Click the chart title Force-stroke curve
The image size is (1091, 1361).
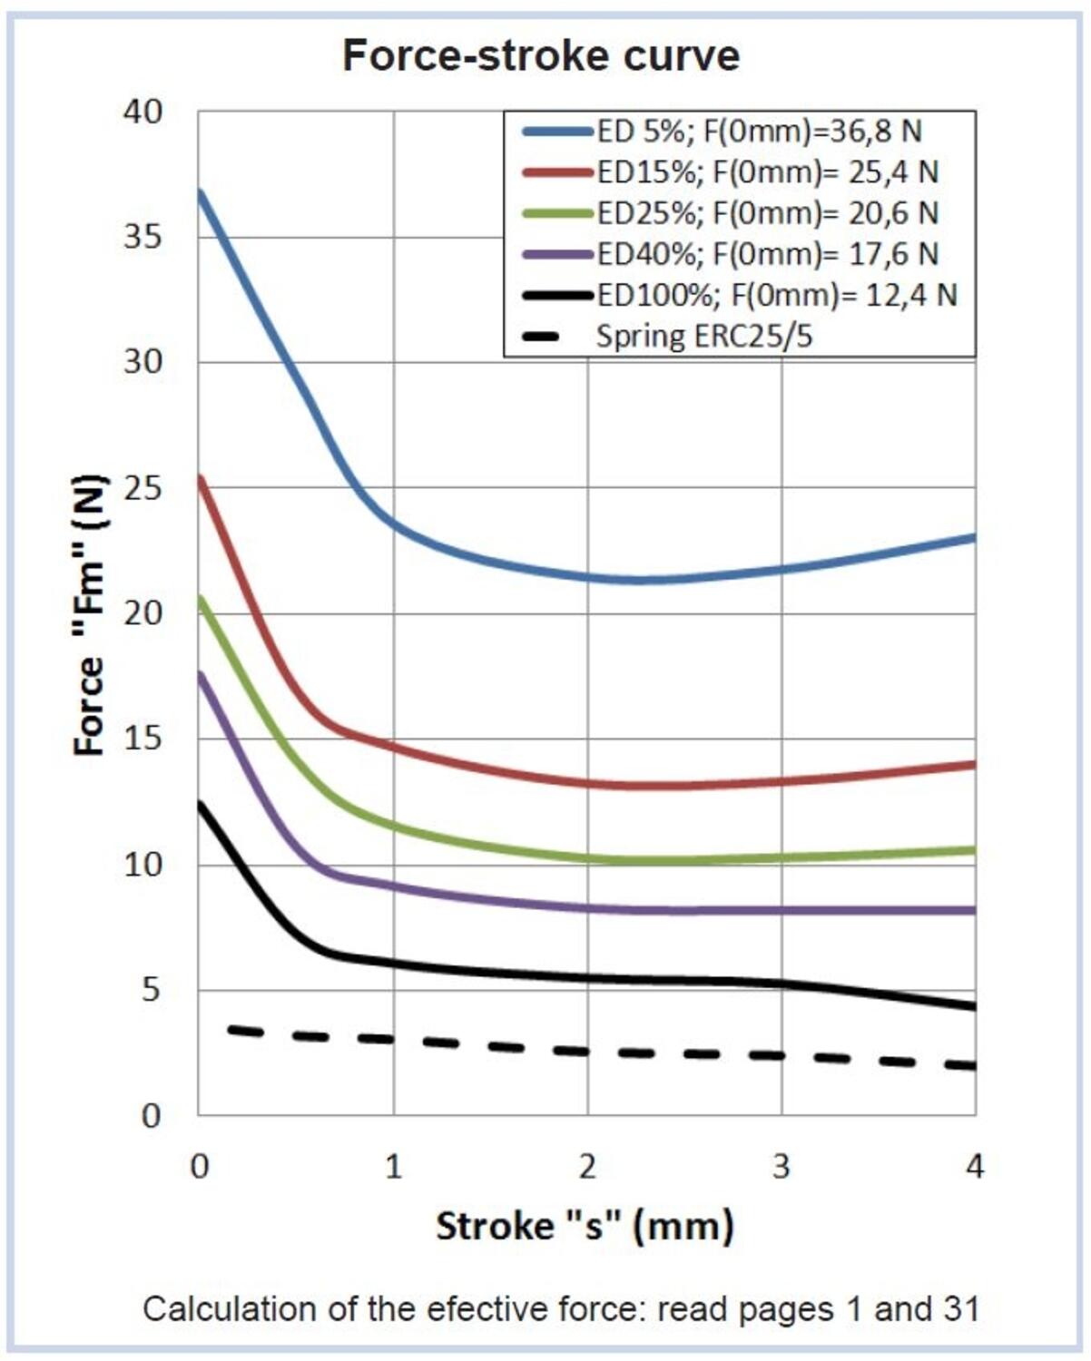tap(541, 55)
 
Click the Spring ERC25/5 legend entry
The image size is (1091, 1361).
tap(703, 337)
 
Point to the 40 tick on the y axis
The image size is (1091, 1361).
tap(143, 112)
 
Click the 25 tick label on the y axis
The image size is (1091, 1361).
tap(143, 488)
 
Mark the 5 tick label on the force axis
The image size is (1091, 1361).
tap(151, 990)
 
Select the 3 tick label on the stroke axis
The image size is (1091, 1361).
tap(781, 1166)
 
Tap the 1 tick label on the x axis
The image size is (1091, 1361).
tap(393, 1166)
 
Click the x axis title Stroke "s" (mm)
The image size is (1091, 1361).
tap(585, 1226)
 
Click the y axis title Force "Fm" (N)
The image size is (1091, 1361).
tap(89, 614)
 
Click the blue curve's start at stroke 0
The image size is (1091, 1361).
tap(200, 191)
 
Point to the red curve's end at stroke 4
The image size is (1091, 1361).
tap(974, 764)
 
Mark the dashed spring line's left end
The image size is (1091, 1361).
tap(231, 1029)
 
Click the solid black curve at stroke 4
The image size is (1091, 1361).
tap(974, 1006)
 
